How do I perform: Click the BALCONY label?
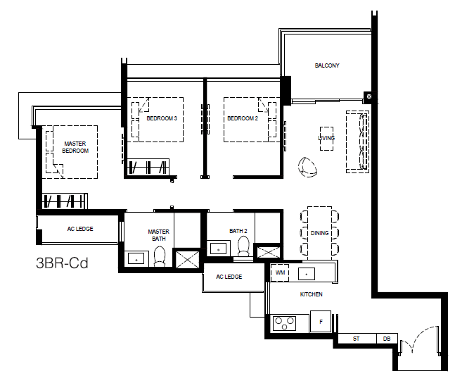pos(327,65)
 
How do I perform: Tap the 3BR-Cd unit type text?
pos(62,263)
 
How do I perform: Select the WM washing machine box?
pos(280,273)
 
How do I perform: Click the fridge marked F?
pos(321,321)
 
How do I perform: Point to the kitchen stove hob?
pos(284,323)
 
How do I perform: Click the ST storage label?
pos(356,339)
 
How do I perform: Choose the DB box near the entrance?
pos(387,339)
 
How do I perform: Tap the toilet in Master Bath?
pos(159,256)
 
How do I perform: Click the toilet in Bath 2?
pos(243,246)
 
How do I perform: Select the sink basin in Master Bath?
pos(136,260)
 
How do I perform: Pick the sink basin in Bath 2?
pos(218,249)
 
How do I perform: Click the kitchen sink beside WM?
pos(307,274)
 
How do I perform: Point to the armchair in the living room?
pos(307,167)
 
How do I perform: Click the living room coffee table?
pos(326,139)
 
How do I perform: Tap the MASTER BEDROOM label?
pos(75,147)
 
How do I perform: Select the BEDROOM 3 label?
pos(162,118)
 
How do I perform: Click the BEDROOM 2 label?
pos(243,118)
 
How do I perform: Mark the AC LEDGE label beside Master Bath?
pos(80,229)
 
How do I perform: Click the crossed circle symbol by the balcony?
pos(369,96)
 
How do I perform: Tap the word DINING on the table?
pos(319,233)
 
